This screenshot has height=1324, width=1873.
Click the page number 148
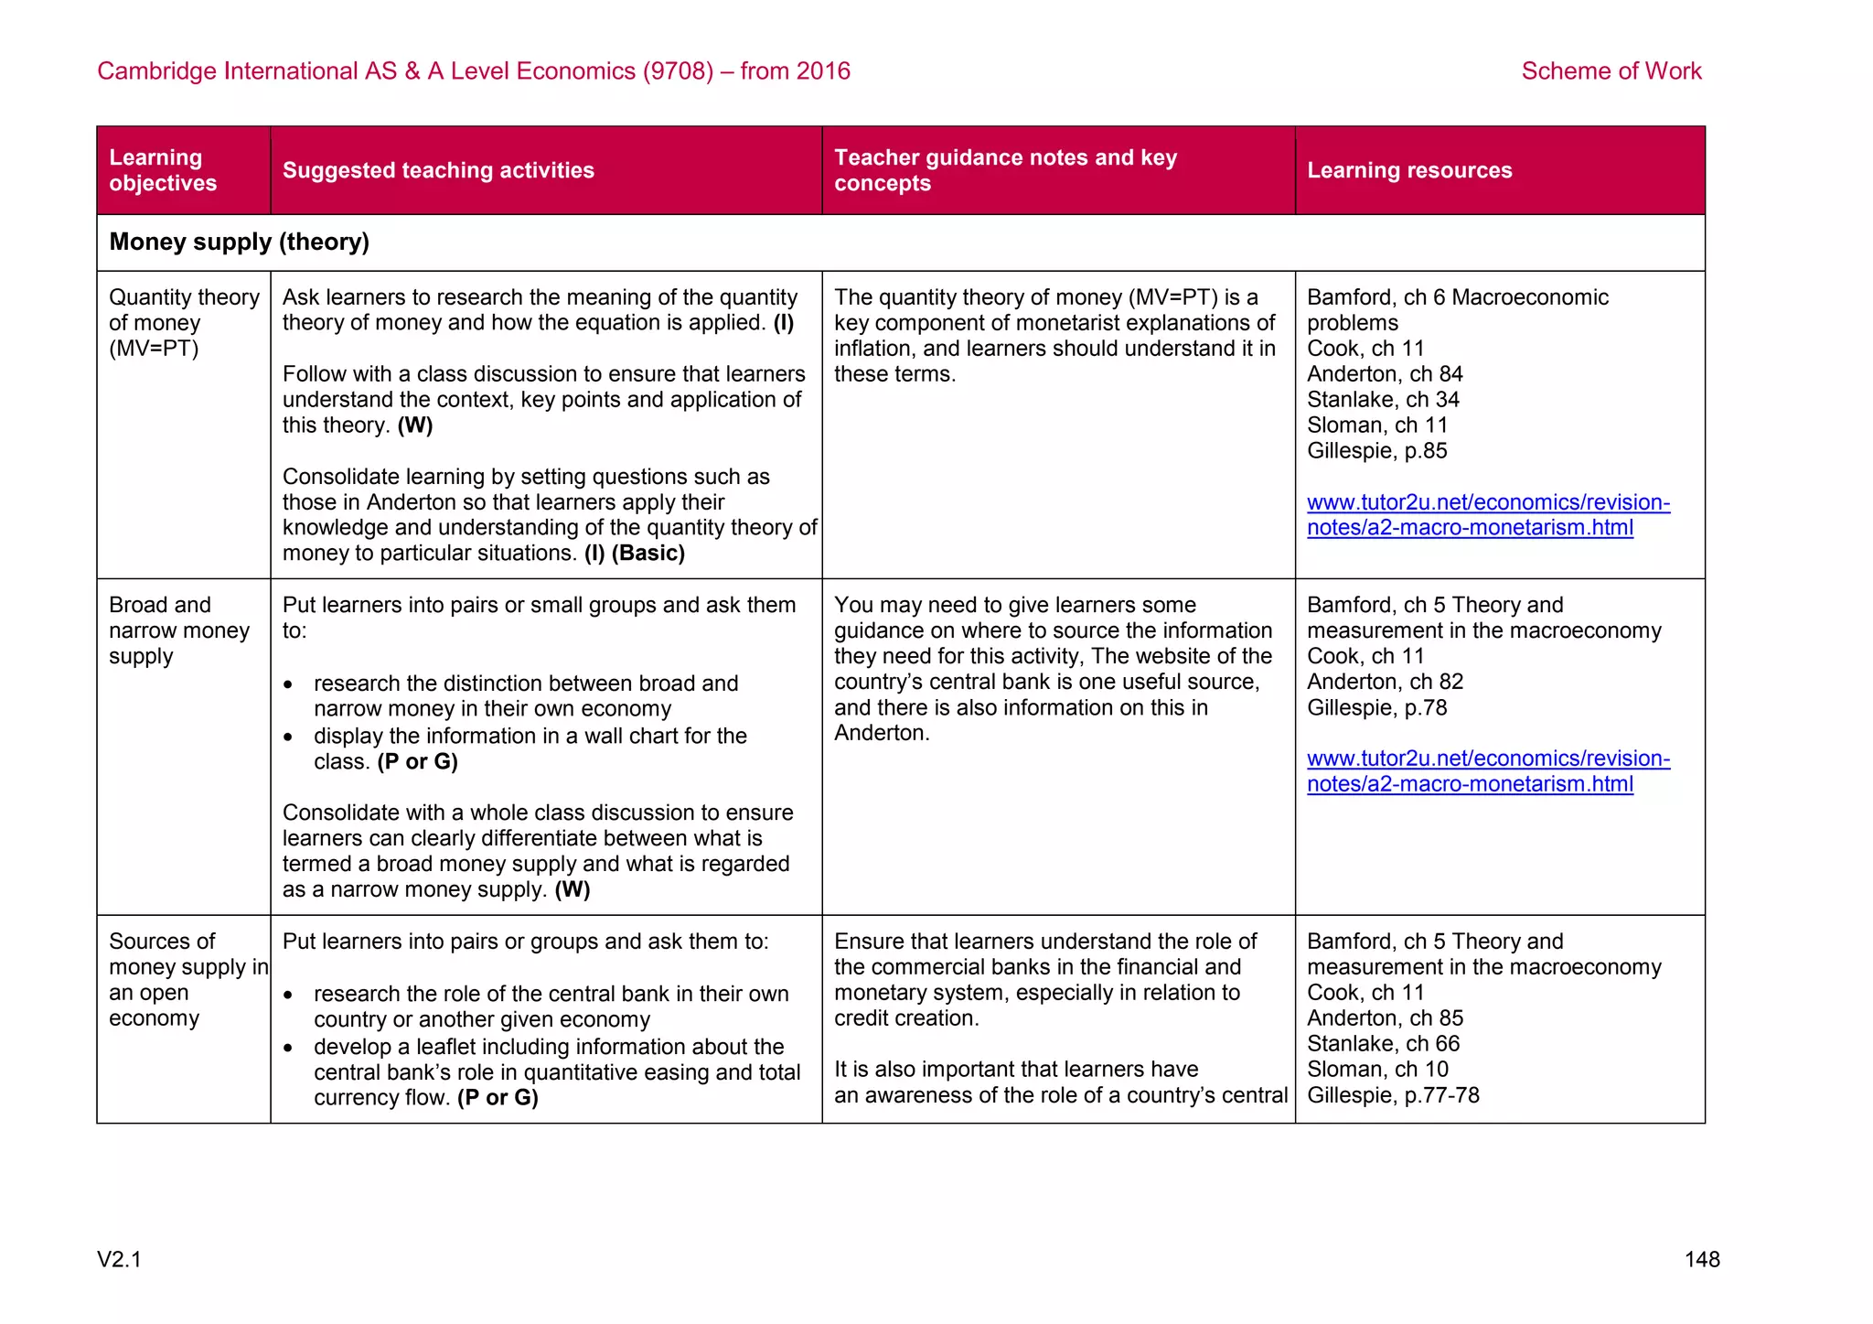point(1701,1260)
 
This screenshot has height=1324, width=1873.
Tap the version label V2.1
point(119,1260)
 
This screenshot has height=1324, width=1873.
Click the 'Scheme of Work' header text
point(1611,71)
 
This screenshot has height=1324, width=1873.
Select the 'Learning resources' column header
point(1408,170)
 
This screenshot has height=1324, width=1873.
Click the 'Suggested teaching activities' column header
point(438,170)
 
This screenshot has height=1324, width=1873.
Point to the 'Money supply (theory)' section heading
point(239,242)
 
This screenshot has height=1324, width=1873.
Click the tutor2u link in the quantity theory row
point(1487,515)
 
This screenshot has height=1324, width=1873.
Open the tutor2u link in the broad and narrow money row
point(1487,771)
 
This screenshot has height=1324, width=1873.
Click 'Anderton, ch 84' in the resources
point(1385,374)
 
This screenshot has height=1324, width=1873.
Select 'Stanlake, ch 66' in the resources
point(1383,1044)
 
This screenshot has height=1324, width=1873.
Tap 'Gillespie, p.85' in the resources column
point(1376,451)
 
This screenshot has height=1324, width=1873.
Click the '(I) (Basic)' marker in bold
point(635,554)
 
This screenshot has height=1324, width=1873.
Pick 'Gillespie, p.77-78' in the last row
point(1392,1095)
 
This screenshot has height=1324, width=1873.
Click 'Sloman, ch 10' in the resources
point(1377,1070)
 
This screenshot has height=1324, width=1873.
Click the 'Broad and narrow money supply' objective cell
point(178,630)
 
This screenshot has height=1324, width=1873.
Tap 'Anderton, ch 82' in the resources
point(1385,682)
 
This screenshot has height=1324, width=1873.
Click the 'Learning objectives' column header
point(163,170)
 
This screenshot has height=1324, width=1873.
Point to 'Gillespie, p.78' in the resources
point(1376,707)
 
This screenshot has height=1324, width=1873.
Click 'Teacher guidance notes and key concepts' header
point(1004,170)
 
